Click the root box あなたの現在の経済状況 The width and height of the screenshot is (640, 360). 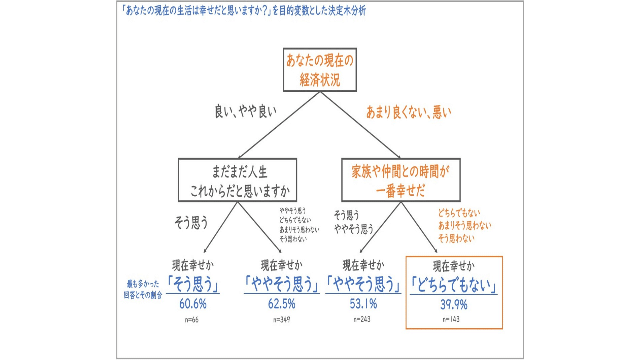(x=320, y=70)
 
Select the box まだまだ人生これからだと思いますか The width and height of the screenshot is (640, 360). (x=237, y=180)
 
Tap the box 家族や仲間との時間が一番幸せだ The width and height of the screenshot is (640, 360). (x=401, y=180)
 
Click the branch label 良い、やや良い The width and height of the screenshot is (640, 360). (x=245, y=111)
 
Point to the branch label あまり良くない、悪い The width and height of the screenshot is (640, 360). (x=409, y=112)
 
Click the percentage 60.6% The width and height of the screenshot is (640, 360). (x=193, y=304)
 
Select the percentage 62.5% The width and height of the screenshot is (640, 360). (x=282, y=304)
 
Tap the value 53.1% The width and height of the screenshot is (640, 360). (x=363, y=304)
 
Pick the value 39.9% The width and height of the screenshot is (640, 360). (x=454, y=304)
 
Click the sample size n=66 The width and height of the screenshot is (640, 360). (x=192, y=320)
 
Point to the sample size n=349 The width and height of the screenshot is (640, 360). (x=282, y=320)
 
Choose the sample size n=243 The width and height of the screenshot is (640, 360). (x=362, y=319)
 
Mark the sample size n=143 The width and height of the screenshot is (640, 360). (x=451, y=319)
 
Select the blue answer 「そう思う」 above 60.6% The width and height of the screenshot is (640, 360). (x=193, y=284)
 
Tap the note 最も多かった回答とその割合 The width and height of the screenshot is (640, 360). (x=143, y=289)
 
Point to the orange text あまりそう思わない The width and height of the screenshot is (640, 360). (x=465, y=226)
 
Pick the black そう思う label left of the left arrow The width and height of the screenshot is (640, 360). (x=191, y=222)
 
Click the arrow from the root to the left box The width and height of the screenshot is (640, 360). (x=279, y=125)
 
